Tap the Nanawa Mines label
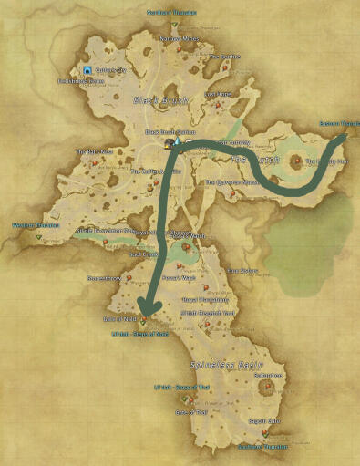pos(179,39)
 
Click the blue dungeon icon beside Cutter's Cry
pos(87,69)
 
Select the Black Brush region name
pos(159,99)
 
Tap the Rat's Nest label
pos(94,152)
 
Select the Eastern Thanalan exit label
pos(339,124)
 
